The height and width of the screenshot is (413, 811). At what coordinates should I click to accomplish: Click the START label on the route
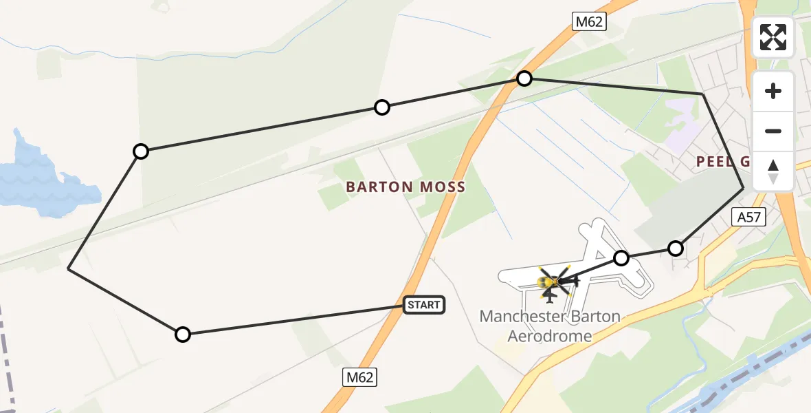pos(423,305)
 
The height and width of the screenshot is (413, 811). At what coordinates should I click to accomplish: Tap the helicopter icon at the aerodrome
pos(553,281)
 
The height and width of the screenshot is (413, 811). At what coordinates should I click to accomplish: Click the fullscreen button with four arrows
pos(773,37)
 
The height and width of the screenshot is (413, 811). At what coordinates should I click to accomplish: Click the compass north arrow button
pos(773,171)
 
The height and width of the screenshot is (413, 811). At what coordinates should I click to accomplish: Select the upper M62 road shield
pos(589,22)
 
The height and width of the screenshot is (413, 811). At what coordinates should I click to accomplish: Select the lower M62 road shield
pos(360,377)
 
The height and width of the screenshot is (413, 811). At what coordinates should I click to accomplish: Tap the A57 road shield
pos(748,218)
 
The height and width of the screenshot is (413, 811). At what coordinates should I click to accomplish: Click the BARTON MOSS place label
pos(405,187)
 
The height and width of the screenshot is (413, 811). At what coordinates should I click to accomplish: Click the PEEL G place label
pos(722,162)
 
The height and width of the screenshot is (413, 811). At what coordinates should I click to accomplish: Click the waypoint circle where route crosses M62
pos(524,78)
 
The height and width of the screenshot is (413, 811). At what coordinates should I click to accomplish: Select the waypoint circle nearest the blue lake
pos(141,151)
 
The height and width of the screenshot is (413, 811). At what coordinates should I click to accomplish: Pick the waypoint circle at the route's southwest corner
pos(182,335)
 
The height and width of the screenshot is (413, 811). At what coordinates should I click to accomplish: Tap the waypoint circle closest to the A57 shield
pos(676,248)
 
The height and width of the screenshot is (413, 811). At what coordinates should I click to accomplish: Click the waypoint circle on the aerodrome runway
pos(621,258)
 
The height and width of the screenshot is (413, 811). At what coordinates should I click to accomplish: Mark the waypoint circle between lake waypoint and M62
pos(382,107)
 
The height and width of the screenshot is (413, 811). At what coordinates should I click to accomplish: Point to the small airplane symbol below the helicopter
pos(548,297)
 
